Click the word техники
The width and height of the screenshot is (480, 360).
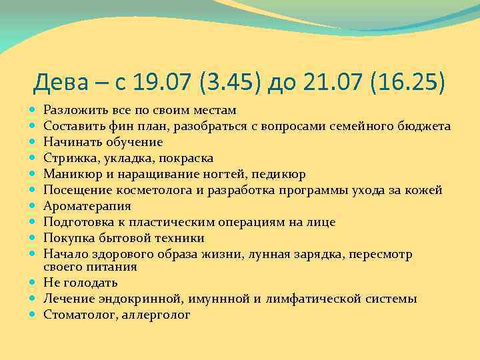(x=180, y=238)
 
